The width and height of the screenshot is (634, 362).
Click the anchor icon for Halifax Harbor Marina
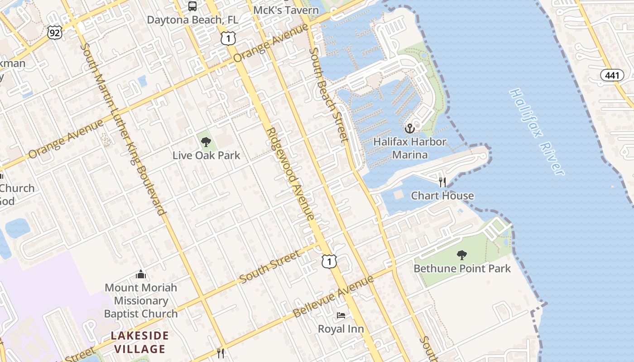click(410, 129)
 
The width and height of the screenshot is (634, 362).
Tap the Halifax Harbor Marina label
click(410, 148)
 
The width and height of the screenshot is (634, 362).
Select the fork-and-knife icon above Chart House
click(442, 182)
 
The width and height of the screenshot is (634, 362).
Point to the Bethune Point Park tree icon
click(462, 255)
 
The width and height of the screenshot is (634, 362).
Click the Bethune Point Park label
click(462, 268)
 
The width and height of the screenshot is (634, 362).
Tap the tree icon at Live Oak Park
click(206, 142)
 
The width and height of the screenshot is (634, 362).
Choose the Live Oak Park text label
click(206, 155)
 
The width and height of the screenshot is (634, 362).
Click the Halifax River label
click(537, 131)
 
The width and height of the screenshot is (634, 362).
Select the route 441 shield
click(612, 75)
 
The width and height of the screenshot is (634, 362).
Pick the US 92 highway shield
click(54, 32)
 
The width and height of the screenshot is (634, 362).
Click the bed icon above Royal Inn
click(341, 315)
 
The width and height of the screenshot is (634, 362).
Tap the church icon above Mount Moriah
click(141, 274)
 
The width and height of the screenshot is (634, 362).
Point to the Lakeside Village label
click(139, 342)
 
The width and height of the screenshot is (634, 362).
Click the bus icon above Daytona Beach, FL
click(192, 6)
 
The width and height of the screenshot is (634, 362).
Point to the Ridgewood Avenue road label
click(290, 174)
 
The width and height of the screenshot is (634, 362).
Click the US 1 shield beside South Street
click(329, 261)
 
